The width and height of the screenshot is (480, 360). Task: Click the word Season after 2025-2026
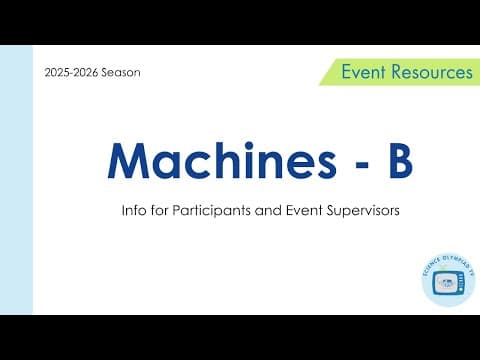pos(117,72)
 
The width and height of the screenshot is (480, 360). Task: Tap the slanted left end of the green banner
pos(327,72)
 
